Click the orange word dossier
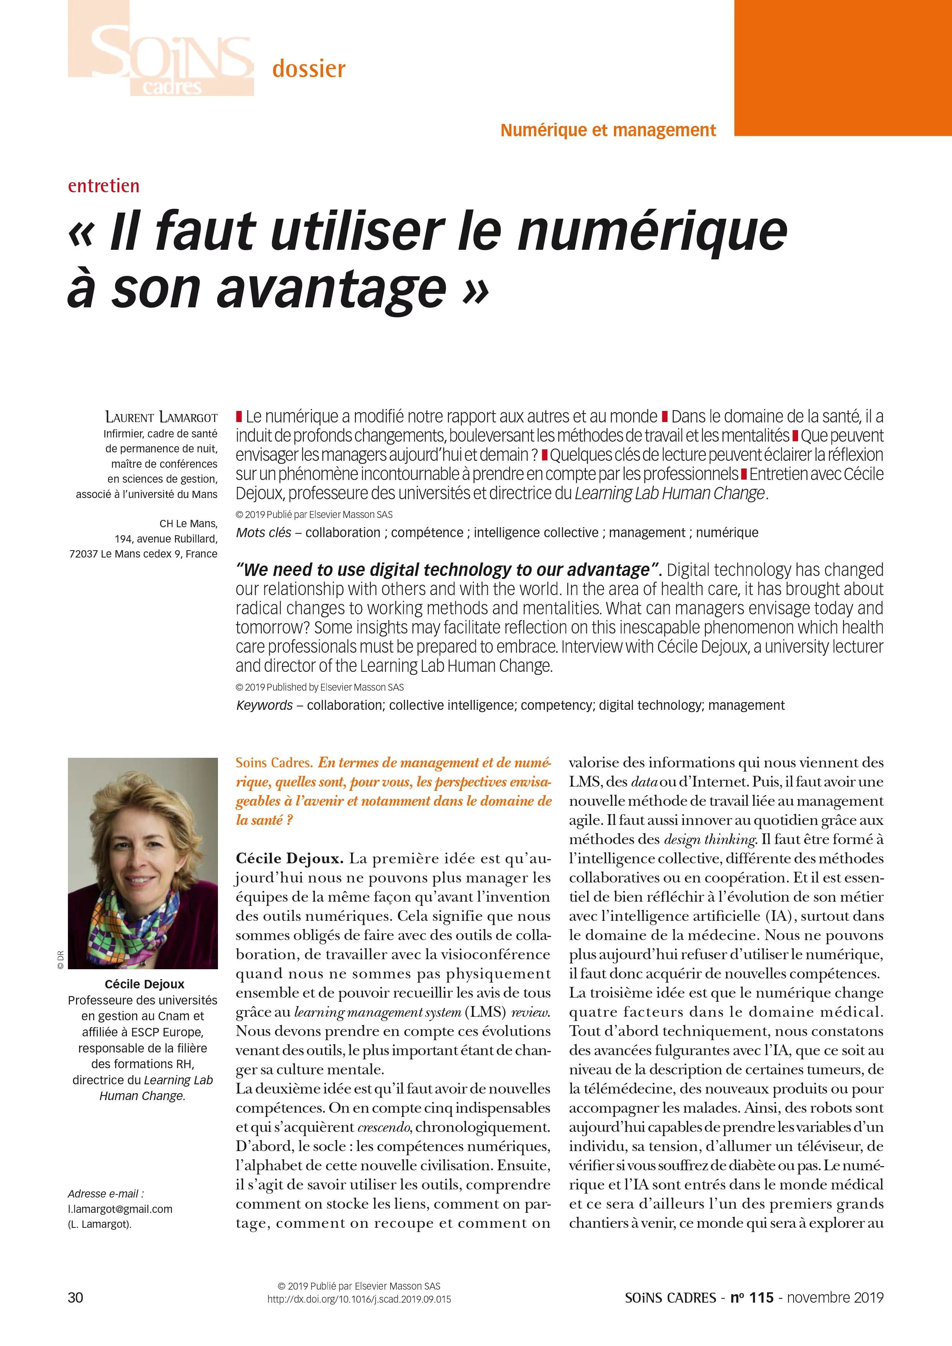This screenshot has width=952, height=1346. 309,69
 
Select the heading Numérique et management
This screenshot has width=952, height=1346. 608,130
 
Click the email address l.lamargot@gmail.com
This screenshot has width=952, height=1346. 120,1209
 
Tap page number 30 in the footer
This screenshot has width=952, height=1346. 76,1297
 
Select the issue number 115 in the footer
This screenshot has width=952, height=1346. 761,1297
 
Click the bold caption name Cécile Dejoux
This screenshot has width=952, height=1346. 144,984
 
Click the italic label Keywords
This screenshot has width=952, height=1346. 264,705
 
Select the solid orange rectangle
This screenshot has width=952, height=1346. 842,68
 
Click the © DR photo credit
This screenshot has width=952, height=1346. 60,959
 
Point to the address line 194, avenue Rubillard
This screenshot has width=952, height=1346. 166,538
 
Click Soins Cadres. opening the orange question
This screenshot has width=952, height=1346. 273,763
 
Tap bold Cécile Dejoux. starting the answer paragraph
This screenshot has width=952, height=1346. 289,859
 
